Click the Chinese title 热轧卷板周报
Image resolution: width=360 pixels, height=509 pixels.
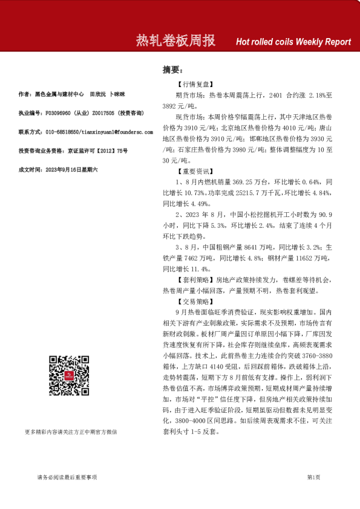click(175, 41)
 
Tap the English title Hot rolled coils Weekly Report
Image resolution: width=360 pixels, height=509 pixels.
click(293, 42)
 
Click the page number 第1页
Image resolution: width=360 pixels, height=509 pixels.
click(313, 478)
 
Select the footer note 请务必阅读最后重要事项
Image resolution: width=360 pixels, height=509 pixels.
click(67, 478)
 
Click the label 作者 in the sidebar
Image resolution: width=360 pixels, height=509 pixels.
click(25, 94)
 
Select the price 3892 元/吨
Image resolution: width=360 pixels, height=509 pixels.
click(179, 105)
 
